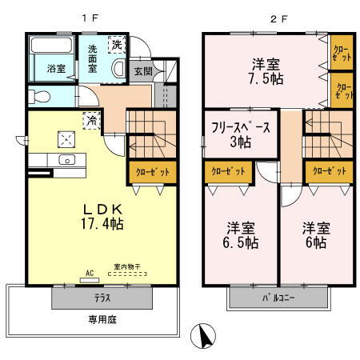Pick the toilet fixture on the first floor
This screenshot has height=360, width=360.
point(38,98)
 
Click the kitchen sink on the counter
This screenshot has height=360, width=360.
point(68,160)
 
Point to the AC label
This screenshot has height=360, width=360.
point(90,273)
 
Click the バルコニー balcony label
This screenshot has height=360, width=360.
point(278,298)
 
